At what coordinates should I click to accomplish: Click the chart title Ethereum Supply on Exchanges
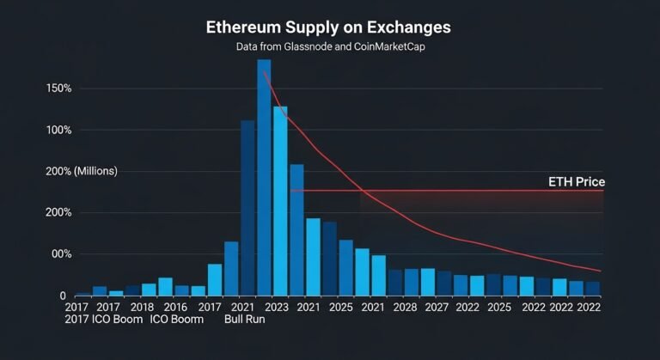click(x=328, y=27)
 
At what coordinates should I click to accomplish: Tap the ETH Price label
click(x=576, y=182)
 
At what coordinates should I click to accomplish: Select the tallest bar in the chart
click(x=264, y=177)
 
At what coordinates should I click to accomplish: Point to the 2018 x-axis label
click(x=142, y=307)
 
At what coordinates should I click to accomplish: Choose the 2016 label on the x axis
click(x=174, y=307)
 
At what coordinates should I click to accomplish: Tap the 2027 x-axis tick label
click(x=436, y=307)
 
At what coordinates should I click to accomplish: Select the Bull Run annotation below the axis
click(x=244, y=320)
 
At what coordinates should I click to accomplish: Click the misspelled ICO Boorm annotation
click(x=177, y=320)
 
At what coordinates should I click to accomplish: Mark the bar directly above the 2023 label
click(x=280, y=201)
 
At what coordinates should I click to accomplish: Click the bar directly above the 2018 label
click(x=149, y=290)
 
